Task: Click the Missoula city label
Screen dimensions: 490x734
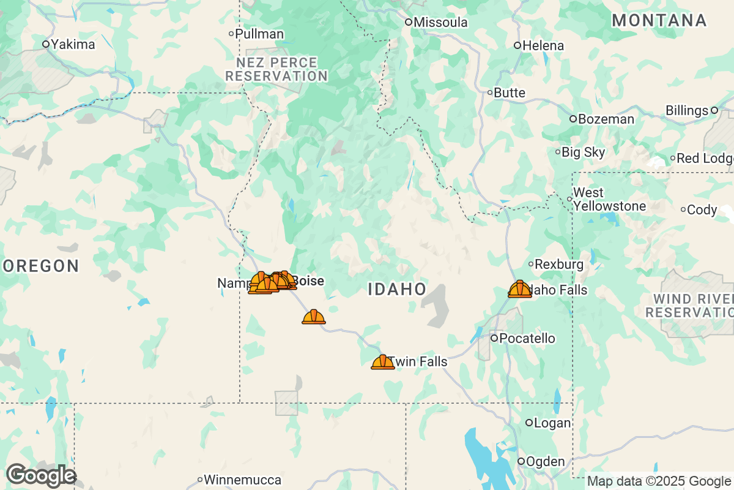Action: tap(440, 23)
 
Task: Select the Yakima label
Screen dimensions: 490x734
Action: tap(72, 44)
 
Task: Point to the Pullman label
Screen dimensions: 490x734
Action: tap(259, 34)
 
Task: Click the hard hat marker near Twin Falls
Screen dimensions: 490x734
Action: tap(383, 362)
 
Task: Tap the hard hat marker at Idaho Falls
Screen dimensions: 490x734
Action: tap(520, 289)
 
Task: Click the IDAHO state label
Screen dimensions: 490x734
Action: tap(397, 290)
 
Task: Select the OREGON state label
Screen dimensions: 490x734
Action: tap(42, 266)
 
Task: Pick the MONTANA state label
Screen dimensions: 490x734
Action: tap(659, 20)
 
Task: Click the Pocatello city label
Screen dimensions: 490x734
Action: tap(527, 338)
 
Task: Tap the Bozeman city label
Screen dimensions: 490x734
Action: tap(606, 119)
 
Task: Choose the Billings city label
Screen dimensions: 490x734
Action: tap(686, 111)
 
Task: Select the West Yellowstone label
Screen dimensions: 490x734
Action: tap(609, 200)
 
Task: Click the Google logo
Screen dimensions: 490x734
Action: tap(40, 475)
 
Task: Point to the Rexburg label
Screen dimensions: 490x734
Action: tap(558, 265)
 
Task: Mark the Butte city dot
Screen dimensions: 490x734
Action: tap(490, 92)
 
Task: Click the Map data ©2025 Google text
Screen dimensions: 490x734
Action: tap(659, 481)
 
